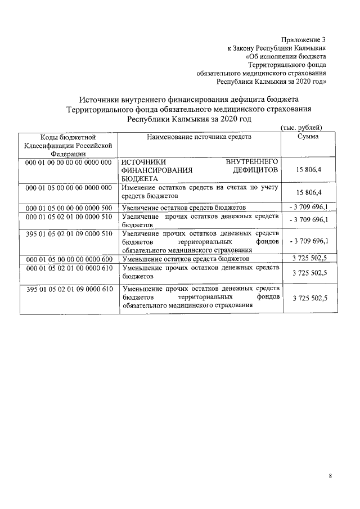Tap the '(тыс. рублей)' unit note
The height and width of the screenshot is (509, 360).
pos(301,128)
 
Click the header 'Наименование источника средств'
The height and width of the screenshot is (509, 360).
pos(199,137)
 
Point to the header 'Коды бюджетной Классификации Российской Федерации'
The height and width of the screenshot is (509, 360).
pos(67,145)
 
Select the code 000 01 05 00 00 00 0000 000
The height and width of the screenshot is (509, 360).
pos(67,187)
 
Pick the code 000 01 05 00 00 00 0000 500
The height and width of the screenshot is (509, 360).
pos(67,208)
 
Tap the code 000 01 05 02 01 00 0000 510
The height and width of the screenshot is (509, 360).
pos(67,217)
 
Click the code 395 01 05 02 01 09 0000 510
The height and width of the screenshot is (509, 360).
pos(67,233)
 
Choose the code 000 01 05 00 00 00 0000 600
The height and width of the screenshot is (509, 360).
pos(67,259)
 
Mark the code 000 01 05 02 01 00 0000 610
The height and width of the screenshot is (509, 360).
pos(67,268)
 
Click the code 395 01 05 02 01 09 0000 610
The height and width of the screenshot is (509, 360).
pos(67,289)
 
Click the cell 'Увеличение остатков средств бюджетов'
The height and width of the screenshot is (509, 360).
pos(183,208)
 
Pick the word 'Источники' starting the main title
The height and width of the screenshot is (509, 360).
pos(98,98)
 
